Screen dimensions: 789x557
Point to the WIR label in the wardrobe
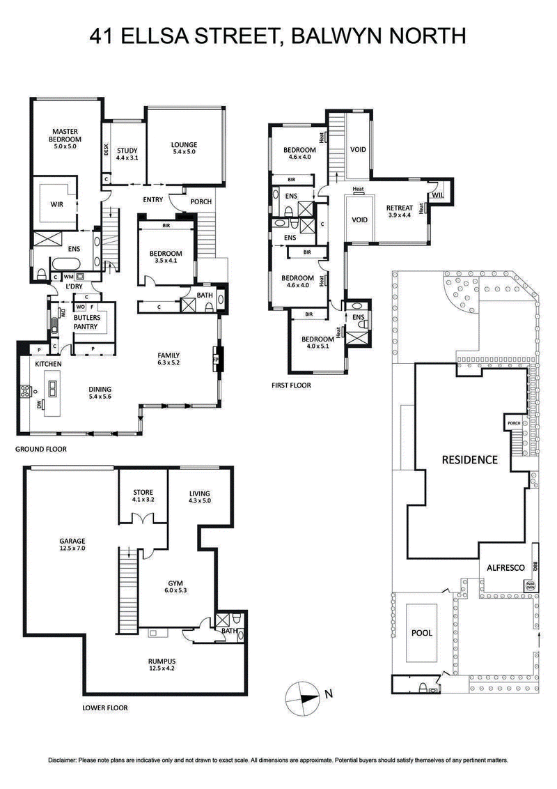point(56,205)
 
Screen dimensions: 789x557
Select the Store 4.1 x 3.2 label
point(143,496)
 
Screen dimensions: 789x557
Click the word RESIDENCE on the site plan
point(470,459)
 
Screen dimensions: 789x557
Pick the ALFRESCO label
point(505,569)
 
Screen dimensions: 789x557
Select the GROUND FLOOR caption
point(41,450)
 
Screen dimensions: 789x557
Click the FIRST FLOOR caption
point(291,385)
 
